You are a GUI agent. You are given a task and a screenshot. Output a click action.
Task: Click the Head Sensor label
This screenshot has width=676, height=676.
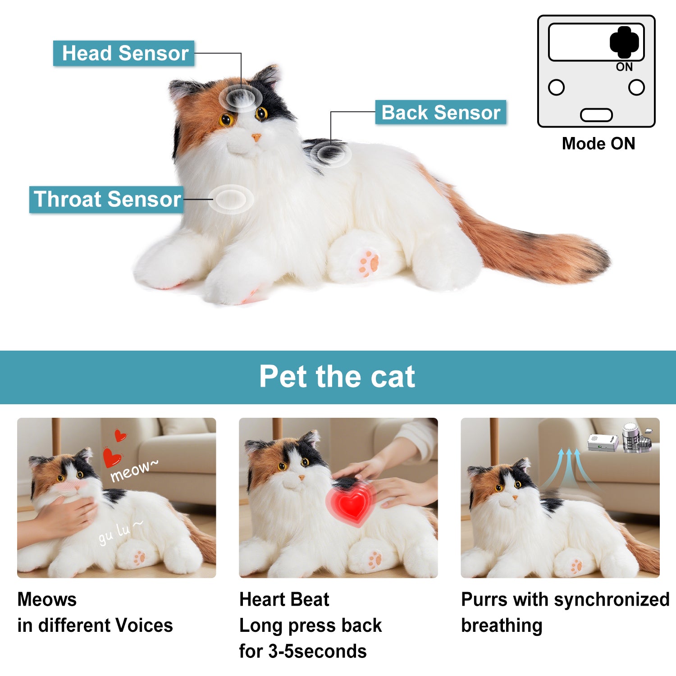click(x=124, y=53)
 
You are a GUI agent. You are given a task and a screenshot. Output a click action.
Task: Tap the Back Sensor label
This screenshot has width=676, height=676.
click(x=440, y=112)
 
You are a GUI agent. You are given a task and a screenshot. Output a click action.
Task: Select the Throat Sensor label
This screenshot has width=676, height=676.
click(x=107, y=199)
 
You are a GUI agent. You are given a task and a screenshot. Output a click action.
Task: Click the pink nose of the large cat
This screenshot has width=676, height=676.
click(x=256, y=137)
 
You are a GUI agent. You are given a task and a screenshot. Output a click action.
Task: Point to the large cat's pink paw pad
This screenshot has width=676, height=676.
click(x=369, y=263)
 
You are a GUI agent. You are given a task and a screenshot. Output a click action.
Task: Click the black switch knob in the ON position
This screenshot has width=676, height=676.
click(x=624, y=42)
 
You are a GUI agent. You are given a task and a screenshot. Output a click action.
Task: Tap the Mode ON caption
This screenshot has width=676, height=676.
click(x=598, y=144)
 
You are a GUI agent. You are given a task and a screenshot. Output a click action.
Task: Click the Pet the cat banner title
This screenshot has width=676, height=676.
click(x=337, y=377)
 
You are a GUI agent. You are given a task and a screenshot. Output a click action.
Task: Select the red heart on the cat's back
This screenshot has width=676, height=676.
click(x=352, y=503)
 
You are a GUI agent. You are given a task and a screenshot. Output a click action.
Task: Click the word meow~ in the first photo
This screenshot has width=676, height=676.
click(x=134, y=471)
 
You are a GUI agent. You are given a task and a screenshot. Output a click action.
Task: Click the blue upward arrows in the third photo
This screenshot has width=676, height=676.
click(x=569, y=469)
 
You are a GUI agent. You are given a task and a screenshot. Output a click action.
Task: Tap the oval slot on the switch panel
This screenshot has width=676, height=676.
click(x=596, y=115)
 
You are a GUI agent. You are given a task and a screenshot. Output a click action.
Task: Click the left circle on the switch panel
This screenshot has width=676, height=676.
click(x=556, y=87)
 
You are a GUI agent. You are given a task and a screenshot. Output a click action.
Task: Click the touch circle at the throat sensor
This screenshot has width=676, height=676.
click(x=231, y=199)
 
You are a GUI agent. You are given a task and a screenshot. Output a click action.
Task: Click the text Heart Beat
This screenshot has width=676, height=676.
click(x=284, y=599)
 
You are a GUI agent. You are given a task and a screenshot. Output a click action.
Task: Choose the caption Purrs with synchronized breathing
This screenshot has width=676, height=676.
click(x=565, y=612)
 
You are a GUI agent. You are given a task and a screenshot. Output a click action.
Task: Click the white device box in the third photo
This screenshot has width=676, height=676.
click(x=602, y=442)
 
